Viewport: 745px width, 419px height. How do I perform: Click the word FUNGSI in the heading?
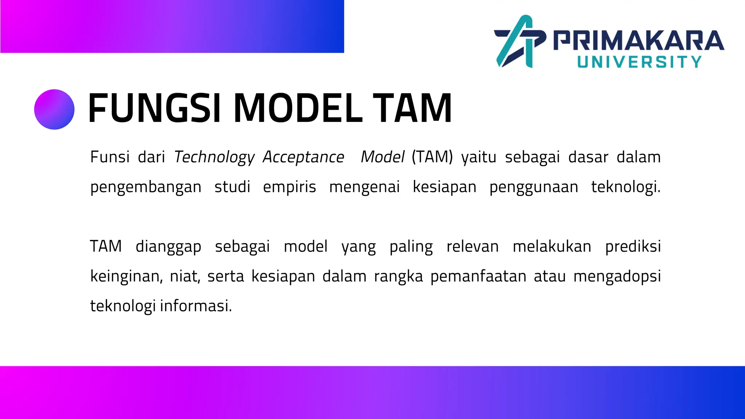coord(155,108)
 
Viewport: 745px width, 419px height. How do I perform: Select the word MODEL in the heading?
coord(298,108)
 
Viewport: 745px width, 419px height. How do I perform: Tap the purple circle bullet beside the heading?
coord(54,109)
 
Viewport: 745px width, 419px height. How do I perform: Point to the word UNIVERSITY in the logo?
coord(639,62)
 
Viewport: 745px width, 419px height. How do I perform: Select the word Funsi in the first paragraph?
coord(110,157)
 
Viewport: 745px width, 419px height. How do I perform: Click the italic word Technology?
coord(214,157)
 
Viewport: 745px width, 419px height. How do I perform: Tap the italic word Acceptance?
coord(303,157)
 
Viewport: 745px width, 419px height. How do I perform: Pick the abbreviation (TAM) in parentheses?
coord(432,157)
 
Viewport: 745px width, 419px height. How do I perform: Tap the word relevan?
coord(473,247)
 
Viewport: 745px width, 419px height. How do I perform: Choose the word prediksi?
coord(633,247)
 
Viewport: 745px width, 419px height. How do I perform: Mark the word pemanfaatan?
coord(478,276)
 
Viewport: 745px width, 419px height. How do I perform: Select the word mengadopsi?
coord(617,276)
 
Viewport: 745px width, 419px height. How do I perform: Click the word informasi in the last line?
coord(195,306)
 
